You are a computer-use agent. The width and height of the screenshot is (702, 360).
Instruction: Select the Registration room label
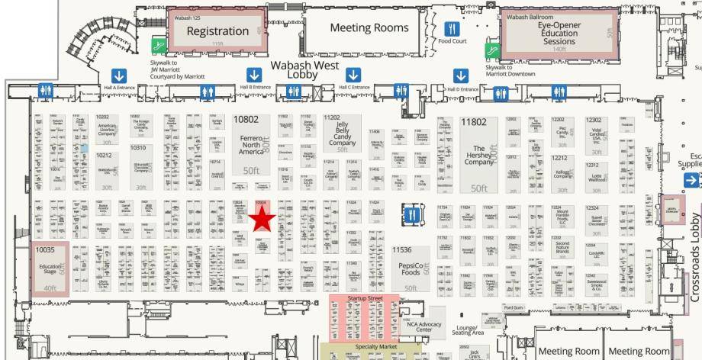217,31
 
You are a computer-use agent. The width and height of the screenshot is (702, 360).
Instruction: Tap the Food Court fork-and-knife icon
452,29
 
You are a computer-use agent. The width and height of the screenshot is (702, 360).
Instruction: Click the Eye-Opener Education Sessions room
559,33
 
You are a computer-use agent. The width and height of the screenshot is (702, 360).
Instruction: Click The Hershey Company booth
478,155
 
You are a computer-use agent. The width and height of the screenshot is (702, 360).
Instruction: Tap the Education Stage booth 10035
50,268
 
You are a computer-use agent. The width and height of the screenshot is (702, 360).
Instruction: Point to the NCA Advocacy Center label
424,326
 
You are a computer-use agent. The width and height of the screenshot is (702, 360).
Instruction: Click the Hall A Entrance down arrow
119,76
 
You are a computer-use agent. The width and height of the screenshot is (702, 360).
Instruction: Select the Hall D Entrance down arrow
461,76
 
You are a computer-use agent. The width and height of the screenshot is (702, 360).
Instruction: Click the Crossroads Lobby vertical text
695,252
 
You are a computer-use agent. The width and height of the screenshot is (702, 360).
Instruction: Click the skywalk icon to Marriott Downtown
493,50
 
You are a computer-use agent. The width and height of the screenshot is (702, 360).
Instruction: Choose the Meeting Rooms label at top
369,28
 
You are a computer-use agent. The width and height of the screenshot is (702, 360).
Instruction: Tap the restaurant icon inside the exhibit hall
413,214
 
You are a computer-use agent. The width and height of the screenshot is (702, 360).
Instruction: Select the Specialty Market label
376,346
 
